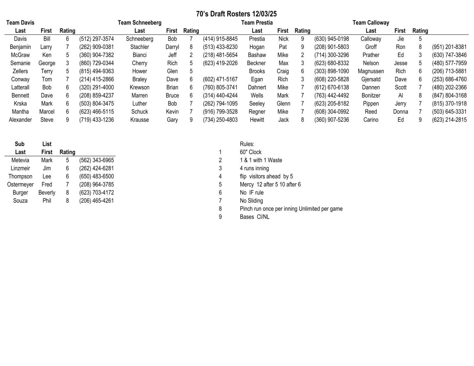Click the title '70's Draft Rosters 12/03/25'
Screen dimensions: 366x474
[x=236, y=14]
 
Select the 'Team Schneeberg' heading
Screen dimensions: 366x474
[x=140, y=23]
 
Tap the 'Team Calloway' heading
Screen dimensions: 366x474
[x=371, y=23]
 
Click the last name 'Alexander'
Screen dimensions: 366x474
[x=20, y=120]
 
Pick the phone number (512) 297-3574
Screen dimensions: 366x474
[x=96, y=39]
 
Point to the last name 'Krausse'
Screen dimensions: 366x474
[x=140, y=120]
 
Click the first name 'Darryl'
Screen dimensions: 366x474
[x=172, y=47]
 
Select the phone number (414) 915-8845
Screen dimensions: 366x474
[x=220, y=39]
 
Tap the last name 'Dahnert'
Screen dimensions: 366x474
[x=257, y=88]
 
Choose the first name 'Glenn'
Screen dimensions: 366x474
[x=283, y=104]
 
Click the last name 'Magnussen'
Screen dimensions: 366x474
[x=371, y=71]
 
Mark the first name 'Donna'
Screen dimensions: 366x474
[x=401, y=112]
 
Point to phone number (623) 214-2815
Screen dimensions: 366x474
[x=449, y=120]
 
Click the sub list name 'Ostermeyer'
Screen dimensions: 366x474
[x=20, y=185]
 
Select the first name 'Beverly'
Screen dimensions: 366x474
[x=47, y=193]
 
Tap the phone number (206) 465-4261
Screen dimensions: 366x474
[x=96, y=201]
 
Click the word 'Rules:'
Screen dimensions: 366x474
[x=247, y=144]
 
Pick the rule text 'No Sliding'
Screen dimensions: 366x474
[x=251, y=201]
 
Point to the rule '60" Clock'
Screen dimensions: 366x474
[x=251, y=152]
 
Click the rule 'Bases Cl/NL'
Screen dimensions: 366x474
[x=254, y=217]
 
